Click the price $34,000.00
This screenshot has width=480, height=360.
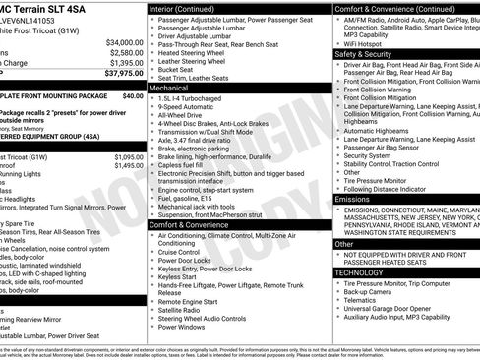click(124, 43)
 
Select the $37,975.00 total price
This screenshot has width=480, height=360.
click(124, 72)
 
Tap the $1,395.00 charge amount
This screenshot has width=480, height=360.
click(124, 62)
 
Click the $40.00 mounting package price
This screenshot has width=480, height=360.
click(132, 97)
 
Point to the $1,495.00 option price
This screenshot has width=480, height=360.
click(124, 166)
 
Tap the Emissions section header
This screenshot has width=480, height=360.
click(353, 199)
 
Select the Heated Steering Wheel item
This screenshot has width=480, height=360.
click(201, 52)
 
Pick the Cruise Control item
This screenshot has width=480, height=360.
click(186, 251)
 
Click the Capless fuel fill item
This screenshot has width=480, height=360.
click(187, 165)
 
